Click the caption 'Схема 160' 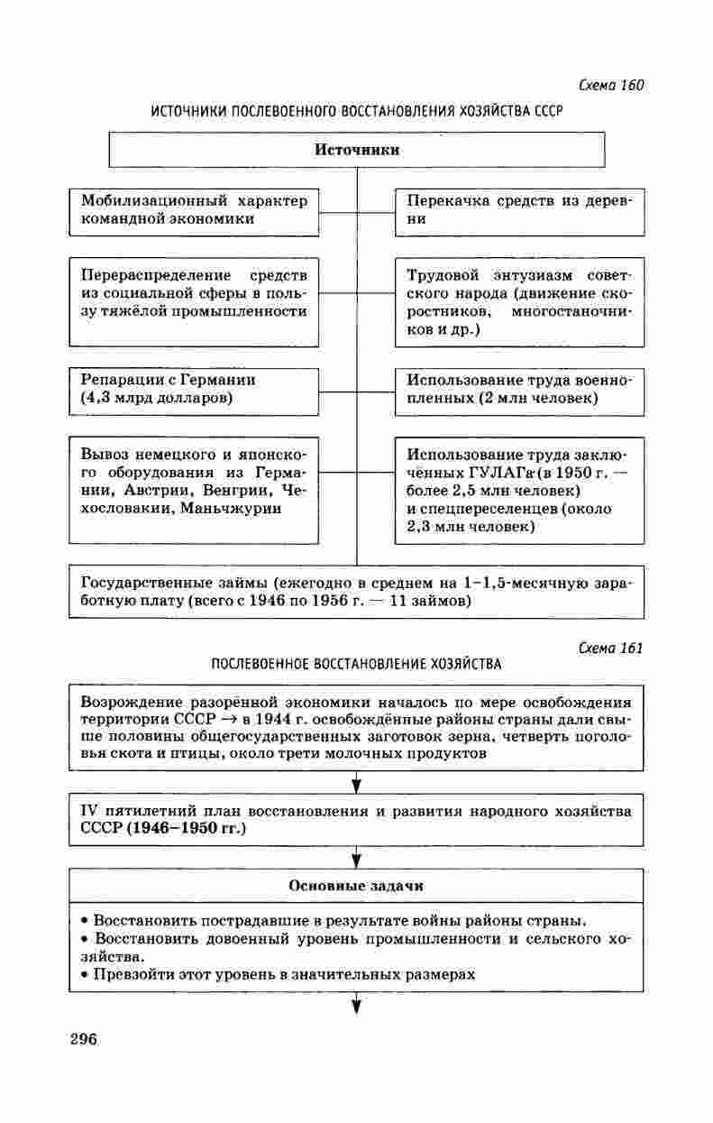[610, 86]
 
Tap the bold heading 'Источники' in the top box [357, 150]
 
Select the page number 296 [83, 1038]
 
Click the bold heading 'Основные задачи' [356, 886]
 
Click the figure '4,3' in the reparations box [96, 398]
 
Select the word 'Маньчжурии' [230, 509]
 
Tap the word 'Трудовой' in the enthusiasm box [443, 275]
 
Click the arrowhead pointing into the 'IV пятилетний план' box [357, 783]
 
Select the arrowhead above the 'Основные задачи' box [357, 858]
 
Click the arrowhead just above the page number [357, 1005]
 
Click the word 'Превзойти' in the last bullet [134, 974]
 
